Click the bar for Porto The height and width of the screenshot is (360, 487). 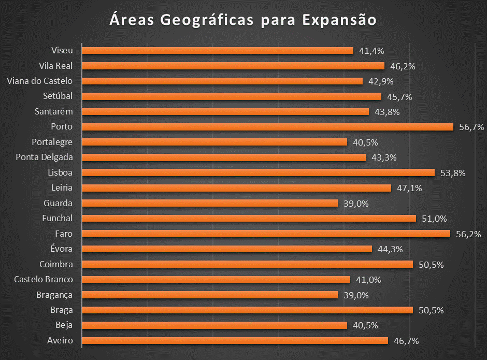coord(268,127)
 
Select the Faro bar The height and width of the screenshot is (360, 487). coord(266,234)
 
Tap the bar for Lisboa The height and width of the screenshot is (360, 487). coord(259,172)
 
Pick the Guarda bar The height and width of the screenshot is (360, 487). coord(210,203)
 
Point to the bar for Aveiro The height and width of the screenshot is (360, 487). coord(235,340)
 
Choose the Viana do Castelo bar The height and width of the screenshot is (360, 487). coord(222,81)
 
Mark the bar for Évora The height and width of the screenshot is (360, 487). coord(227,249)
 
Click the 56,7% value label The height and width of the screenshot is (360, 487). coord(471,127)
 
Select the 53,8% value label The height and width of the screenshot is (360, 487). coord(453,173)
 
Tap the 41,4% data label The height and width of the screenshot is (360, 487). coord(371,51)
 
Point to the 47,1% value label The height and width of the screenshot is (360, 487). coord(409,188)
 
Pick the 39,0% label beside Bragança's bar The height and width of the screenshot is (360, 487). coord(356,295)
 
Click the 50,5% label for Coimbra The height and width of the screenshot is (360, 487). coord(431,265)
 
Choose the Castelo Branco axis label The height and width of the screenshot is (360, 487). coord(44,280)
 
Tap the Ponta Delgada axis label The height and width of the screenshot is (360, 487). coord(44,157)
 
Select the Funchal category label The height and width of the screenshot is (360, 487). coord(57,219)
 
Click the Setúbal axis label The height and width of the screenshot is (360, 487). coord(58,96)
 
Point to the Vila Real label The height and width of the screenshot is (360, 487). coord(55,66)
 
